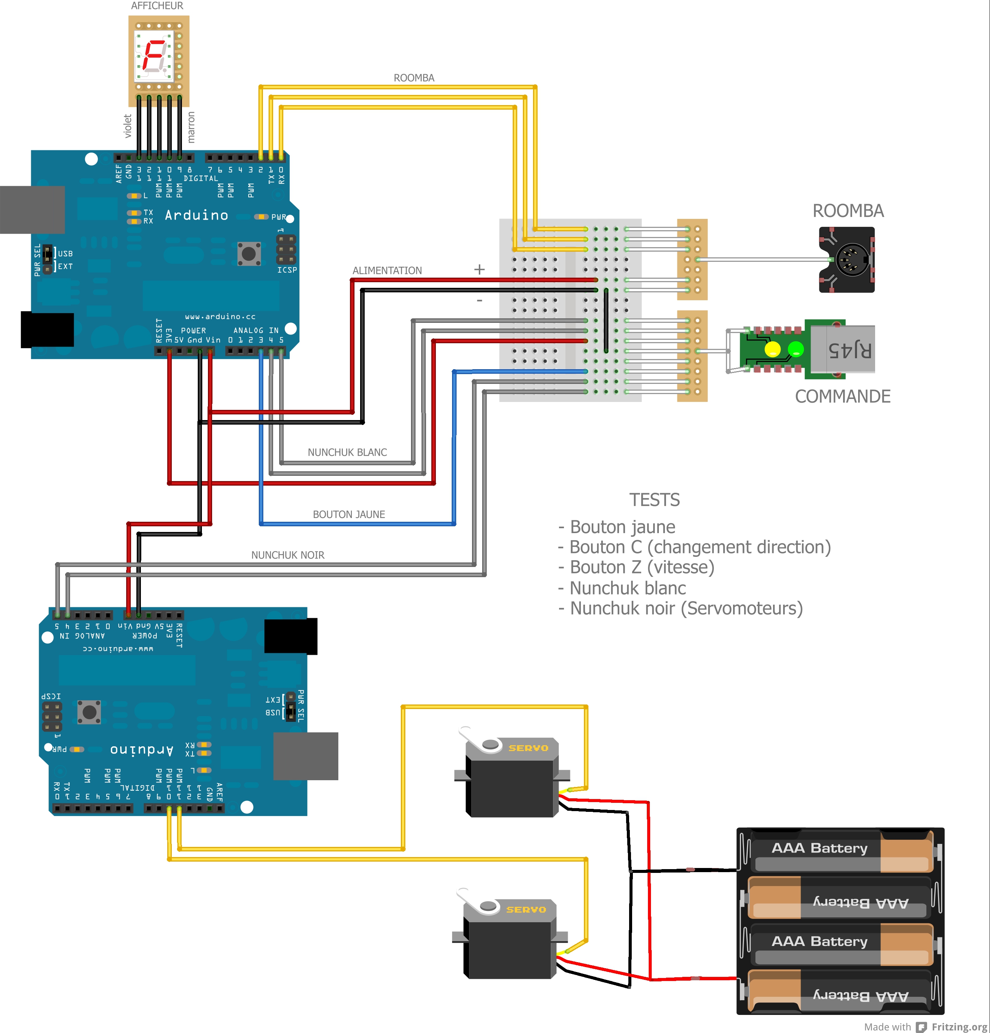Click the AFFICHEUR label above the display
click(157, 6)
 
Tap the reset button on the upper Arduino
click(249, 254)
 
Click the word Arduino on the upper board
click(197, 215)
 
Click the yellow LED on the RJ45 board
click(772, 349)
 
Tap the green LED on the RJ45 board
click(796, 348)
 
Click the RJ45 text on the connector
click(849, 350)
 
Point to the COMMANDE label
click(842, 396)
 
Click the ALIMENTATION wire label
click(387, 270)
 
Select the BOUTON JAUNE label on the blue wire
click(349, 514)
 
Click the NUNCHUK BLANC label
click(347, 452)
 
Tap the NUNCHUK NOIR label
click(288, 555)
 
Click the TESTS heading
click(654, 500)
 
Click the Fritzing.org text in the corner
click(959, 1026)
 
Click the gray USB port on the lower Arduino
click(306, 756)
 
